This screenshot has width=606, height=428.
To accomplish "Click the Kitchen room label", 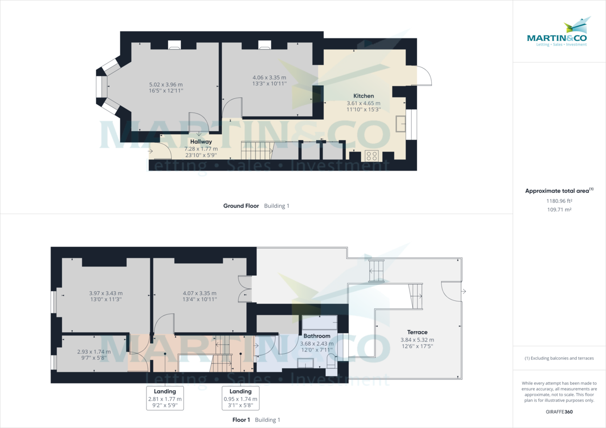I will (364, 96).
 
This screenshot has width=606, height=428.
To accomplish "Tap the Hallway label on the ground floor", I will (201, 142).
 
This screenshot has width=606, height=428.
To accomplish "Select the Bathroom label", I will (317, 336).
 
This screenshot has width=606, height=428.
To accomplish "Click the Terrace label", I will (417, 332).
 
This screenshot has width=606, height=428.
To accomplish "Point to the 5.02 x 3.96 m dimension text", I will (166, 84).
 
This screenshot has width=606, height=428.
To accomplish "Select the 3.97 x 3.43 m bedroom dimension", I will (106, 293).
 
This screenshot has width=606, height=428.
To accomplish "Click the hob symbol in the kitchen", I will (372, 155).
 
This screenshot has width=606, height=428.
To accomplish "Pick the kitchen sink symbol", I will (401, 124).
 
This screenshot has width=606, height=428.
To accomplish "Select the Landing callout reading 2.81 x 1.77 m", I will (165, 398).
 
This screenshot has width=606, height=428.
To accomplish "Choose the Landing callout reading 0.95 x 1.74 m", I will (240, 398).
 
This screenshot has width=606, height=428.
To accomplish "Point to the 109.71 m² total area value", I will (559, 209).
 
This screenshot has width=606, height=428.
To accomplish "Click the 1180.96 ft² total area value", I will (559, 200).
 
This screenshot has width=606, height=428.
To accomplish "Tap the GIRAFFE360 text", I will (559, 411).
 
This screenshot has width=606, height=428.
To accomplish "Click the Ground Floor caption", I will (241, 206).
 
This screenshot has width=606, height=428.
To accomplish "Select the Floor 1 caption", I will (241, 420).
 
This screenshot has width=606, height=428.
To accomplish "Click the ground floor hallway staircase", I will (257, 150).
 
